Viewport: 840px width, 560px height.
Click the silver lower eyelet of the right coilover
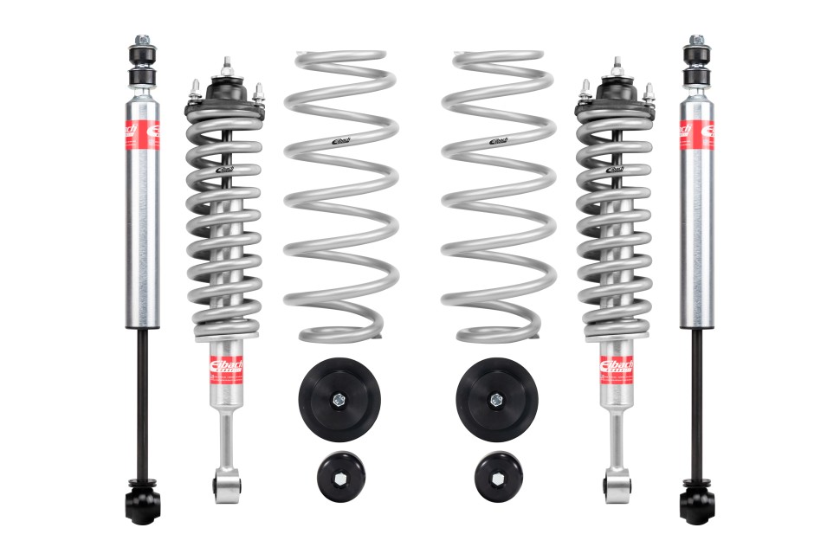616,481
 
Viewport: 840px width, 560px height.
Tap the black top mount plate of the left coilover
223,90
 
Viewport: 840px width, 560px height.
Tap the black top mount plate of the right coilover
616,90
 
